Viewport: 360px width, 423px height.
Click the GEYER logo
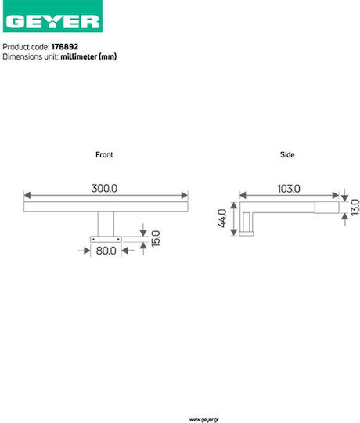click(52, 16)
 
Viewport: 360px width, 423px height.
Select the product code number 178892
click(65, 47)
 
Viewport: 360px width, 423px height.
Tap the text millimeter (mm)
click(88, 56)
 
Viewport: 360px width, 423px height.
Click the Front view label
click(104, 154)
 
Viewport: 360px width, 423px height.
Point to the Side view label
click(287, 154)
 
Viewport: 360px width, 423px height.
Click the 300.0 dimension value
click(104, 188)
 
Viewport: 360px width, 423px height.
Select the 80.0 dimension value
click(106, 251)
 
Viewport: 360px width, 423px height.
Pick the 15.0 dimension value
click(156, 238)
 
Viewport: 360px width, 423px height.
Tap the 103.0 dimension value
click(289, 189)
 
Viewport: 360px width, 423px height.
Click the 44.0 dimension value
click(222, 219)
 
